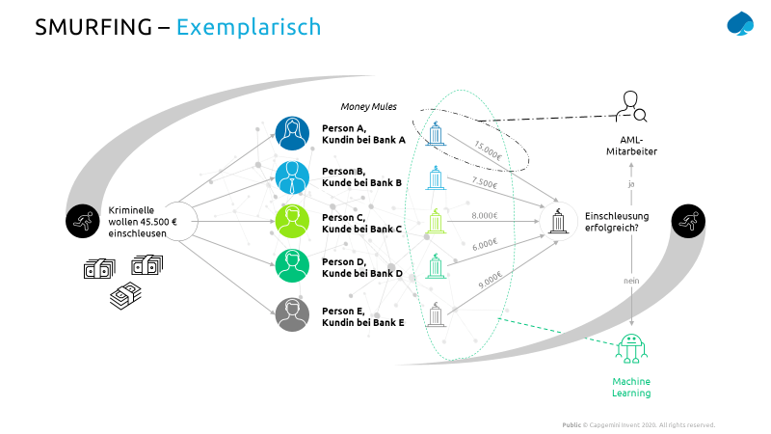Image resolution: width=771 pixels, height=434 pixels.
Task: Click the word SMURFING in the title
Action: tap(93, 27)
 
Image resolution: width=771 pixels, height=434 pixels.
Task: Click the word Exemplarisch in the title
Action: tap(249, 27)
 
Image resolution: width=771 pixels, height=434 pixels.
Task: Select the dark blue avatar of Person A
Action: tap(291, 135)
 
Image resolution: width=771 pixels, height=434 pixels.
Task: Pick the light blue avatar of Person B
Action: tap(291, 177)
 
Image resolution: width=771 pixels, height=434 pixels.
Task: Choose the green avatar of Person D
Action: tap(291, 264)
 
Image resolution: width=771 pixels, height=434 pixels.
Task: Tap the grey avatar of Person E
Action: tap(291, 314)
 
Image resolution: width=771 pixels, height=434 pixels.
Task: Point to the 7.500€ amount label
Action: tap(484, 182)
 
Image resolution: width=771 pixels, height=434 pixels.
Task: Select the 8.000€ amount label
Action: tap(485, 216)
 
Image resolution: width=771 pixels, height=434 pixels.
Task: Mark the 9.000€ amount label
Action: tap(490, 280)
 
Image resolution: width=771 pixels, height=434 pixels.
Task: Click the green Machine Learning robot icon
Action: tap(631, 350)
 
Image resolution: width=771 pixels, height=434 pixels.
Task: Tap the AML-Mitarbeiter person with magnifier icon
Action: tap(632, 105)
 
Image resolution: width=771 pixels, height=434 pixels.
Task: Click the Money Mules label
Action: tap(368, 106)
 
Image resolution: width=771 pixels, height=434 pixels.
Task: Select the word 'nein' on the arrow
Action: tap(631, 282)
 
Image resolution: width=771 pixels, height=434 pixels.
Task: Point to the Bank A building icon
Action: tap(436, 136)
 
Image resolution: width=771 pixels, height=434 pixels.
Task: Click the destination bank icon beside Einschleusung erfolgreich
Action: tap(559, 221)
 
